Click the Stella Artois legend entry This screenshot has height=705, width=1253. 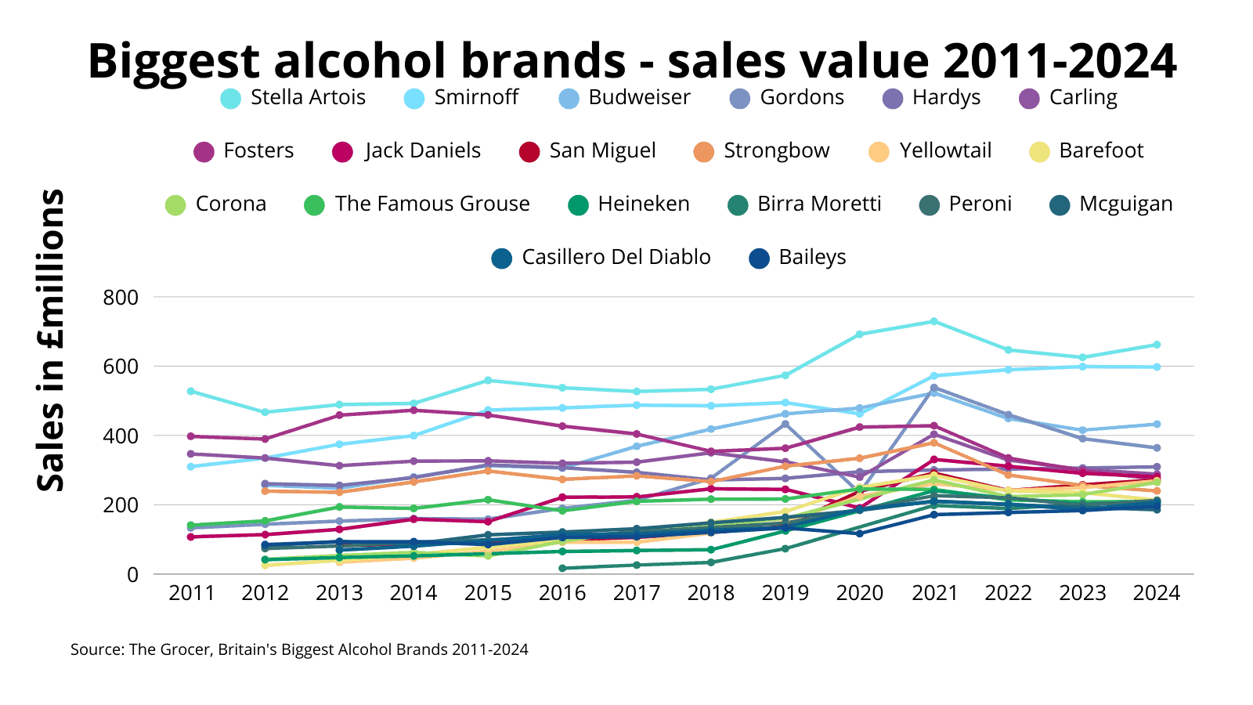coord(294,98)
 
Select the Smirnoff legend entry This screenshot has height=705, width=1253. coord(461,98)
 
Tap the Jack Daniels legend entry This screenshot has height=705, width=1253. coord(407,151)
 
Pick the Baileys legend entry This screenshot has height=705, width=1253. coord(798,258)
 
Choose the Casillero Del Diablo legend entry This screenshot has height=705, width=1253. coord(601,258)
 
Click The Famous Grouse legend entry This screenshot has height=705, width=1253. coord(417,204)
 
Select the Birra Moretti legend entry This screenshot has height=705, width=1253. coord(804,204)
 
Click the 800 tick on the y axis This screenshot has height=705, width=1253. coord(121,298)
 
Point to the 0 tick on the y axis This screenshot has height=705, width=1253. coord(132,575)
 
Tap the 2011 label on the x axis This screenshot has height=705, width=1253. coord(192,593)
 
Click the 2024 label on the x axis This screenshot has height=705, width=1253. coord(1157,593)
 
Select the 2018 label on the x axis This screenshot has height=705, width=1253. coord(711,593)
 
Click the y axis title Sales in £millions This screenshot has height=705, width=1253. coord(52,340)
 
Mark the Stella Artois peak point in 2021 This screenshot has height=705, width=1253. coord(933,321)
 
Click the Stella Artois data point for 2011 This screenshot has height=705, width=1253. coord(191,391)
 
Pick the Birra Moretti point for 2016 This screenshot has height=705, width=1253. coord(562,568)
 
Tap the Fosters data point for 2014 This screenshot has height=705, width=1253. coord(413,410)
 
